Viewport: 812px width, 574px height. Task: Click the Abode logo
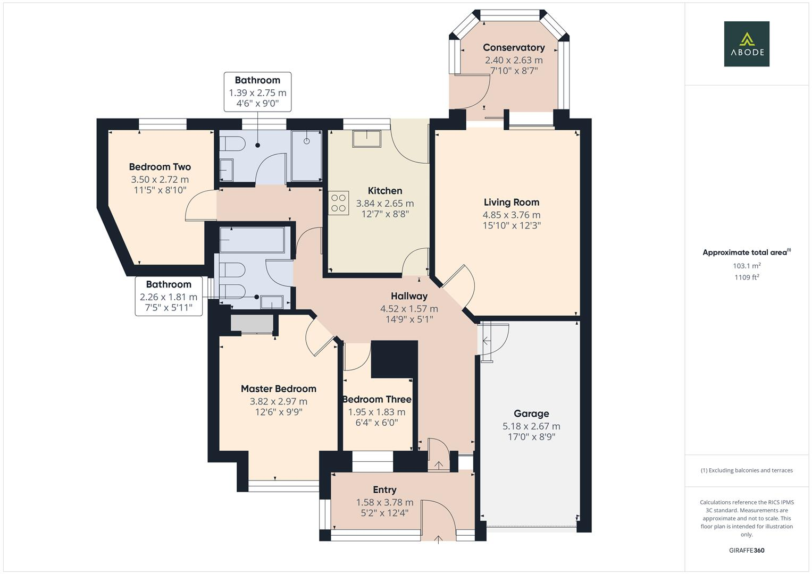746,44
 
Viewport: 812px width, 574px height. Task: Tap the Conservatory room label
514,48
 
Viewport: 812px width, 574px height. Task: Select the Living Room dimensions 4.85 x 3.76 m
511,215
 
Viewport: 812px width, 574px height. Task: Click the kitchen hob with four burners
338,203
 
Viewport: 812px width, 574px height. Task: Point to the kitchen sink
366,139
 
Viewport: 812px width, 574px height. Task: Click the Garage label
531,413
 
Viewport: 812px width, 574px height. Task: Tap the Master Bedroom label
278,389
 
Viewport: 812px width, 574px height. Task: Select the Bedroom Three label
376,400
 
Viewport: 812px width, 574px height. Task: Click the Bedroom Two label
160,167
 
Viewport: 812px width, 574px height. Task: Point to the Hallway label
409,296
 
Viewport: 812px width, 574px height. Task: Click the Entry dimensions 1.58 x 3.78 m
384,502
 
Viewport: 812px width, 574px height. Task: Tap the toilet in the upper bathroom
232,143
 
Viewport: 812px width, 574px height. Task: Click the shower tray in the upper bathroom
306,155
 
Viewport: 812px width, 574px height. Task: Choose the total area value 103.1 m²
746,266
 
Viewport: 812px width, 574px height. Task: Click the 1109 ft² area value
746,277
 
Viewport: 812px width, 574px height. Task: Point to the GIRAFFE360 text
746,550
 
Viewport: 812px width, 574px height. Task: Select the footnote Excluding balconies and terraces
746,470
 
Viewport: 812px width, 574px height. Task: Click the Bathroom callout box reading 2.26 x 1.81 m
169,296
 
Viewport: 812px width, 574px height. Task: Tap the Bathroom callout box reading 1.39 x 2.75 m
257,92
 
